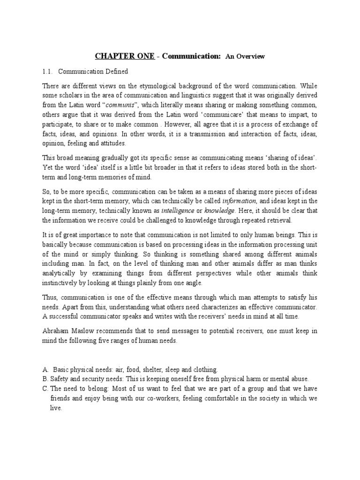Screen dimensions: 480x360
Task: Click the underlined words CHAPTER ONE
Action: [124, 56]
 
